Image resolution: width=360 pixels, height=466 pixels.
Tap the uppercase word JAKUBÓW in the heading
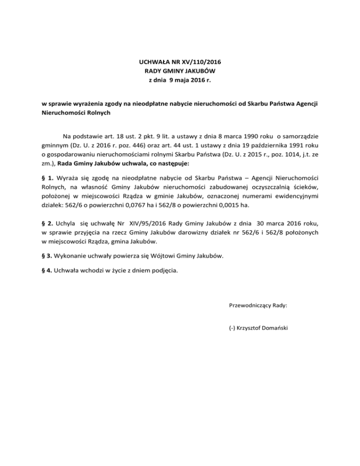coord(198,71)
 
